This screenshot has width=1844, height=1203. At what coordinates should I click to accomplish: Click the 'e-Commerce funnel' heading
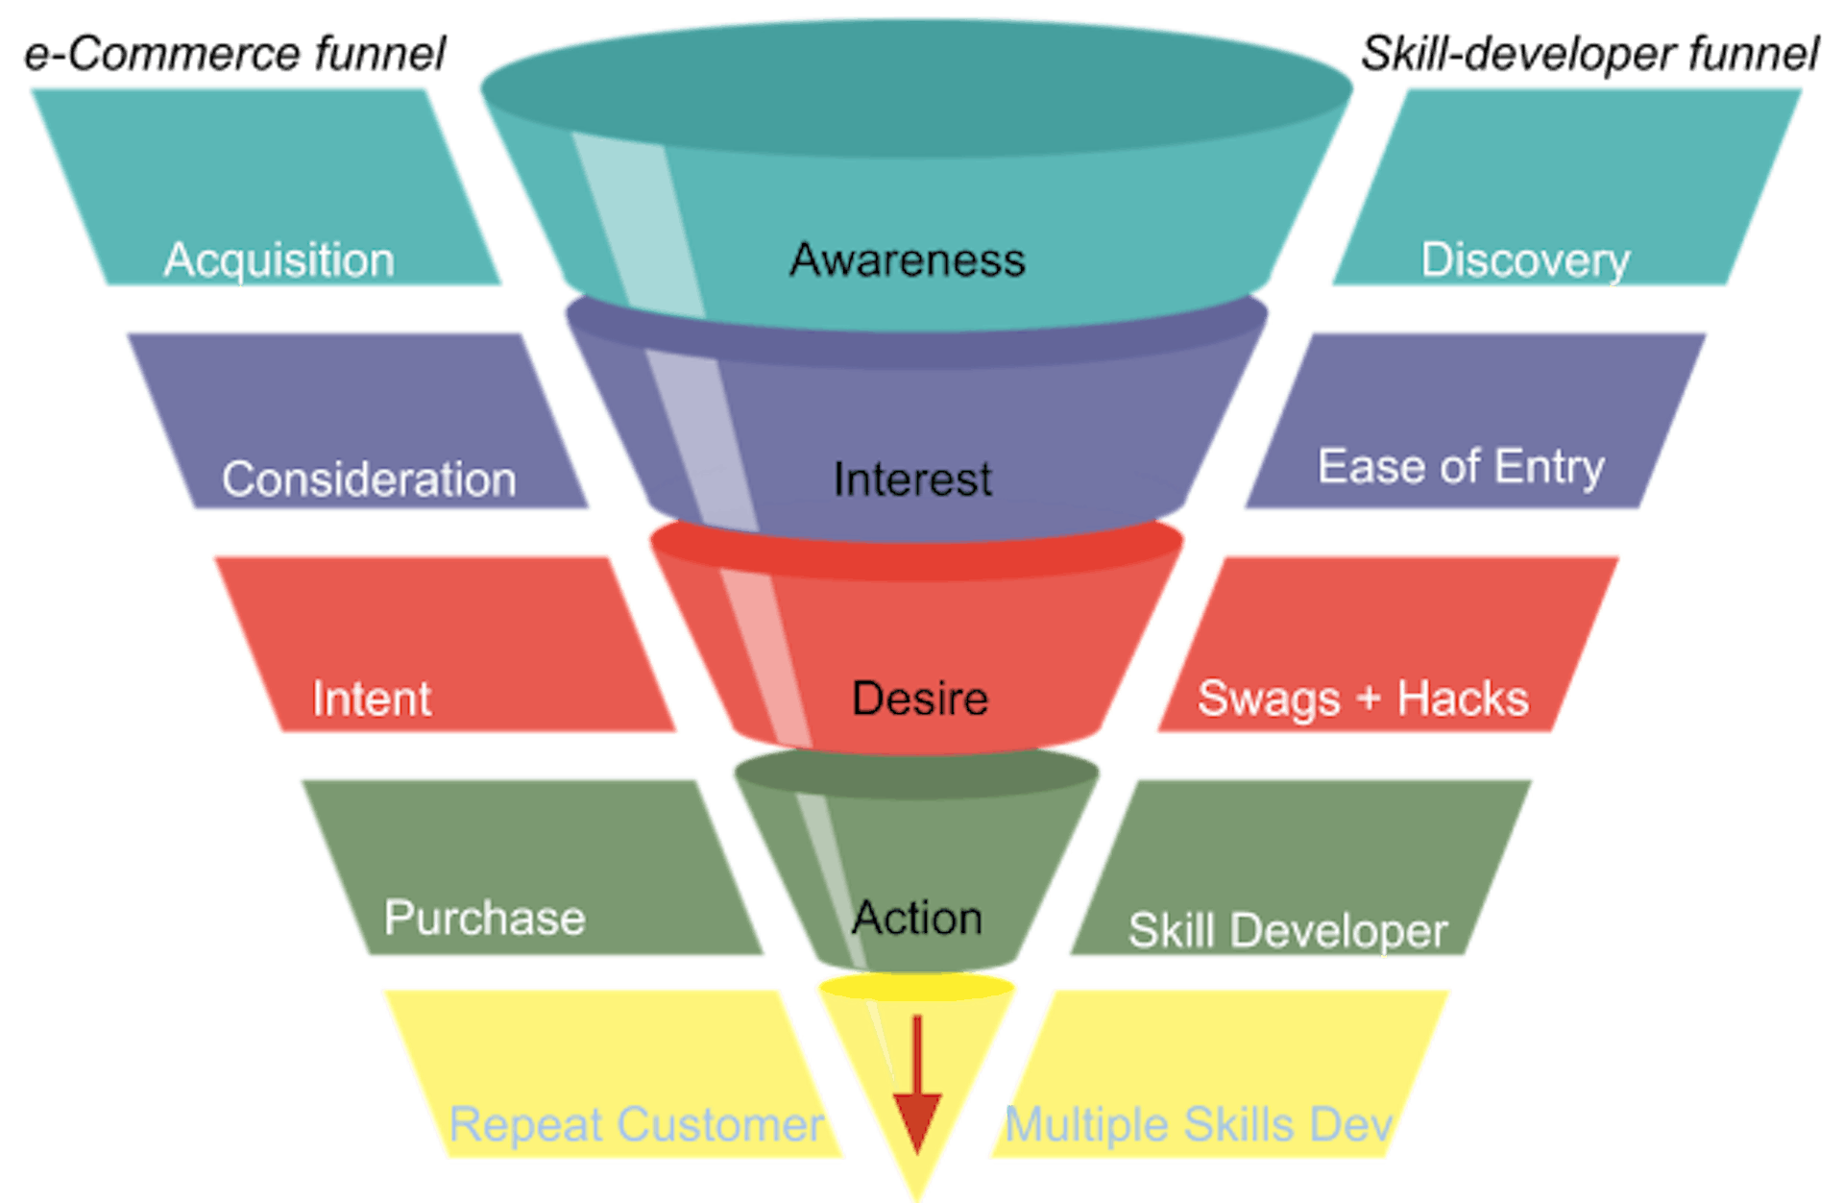[x=235, y=54]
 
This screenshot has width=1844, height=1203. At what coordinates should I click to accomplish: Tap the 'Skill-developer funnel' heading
[x=1589, y=54]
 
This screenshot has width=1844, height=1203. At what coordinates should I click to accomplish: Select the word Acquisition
[x=279, y=260]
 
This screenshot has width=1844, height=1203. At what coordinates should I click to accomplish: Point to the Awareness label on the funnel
[x=908, y=260]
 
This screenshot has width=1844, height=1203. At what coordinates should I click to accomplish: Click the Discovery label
[x=1525, y=260]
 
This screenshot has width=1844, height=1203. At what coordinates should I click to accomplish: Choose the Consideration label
[x=369, y=479]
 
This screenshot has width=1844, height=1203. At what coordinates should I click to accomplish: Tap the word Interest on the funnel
[x=912, y=479]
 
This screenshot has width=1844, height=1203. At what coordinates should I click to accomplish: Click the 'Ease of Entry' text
[x=1460, y=467]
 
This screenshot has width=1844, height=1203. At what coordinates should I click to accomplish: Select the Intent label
[x=372, y=699]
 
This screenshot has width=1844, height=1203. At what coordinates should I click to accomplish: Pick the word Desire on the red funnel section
[x=919, y=699]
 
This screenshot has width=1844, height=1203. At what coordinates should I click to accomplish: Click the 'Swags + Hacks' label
[x=1362, y=699]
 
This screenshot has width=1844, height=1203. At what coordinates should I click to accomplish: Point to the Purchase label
[x=484, y=918]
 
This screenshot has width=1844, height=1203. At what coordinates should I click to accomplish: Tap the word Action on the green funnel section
[x=917, y=918]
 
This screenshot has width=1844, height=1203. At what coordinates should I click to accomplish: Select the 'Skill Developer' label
[x=1287, y=930]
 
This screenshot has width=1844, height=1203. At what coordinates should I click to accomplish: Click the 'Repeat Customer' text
[x=636, y=1124]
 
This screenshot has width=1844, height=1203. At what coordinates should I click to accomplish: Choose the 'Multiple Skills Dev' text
[x=1198, y=1124]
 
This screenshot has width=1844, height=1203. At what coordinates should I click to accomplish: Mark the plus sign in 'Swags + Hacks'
[x=1369, y=699]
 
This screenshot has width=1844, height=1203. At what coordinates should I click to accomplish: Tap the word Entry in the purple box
[x=1549, y=467]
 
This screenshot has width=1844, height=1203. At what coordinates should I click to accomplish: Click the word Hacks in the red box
[x=1463, y=699]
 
